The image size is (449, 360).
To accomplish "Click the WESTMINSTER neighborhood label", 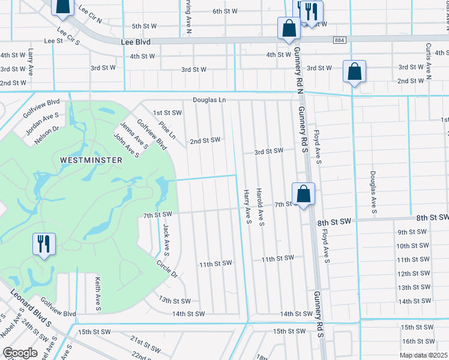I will click(91, 160).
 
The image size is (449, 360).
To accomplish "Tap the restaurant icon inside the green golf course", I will click(44, 244).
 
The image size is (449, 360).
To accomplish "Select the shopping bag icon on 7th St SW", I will click(304, 194).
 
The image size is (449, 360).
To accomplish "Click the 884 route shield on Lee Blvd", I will click(342, 40).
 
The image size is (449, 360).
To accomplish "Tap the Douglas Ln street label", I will click(209, 100).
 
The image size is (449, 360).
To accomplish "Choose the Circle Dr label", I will click(167, 268).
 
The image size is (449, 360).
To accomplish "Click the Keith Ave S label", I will click(97, 290).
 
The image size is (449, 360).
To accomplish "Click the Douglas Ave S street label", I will click(373, 192).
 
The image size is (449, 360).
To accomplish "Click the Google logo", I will click(20, 353).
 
